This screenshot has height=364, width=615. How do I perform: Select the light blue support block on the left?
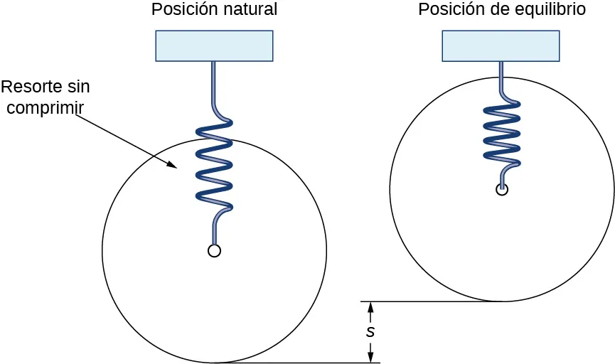click(x=214, y=45)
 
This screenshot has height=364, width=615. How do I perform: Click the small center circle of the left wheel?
click(x=214, y=250)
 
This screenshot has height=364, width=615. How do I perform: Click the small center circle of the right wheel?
click(x=502, y=189)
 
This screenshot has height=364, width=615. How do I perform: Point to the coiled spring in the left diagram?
click(x=214, y=167)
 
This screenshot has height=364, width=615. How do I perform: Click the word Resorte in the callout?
click(x=30, y=87)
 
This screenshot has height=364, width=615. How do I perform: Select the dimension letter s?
click(x=370, y=332)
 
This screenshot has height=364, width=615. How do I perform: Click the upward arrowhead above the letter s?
click(x=370, y=307)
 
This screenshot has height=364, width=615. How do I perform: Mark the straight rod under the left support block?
click(x=213, y=82)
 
